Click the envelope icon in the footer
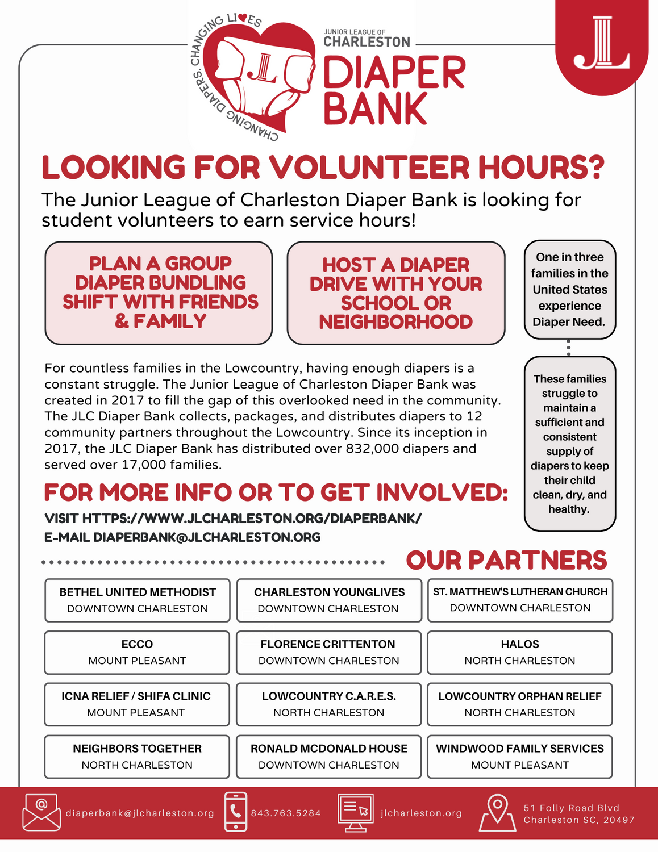point(41,812)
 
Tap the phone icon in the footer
point(236,812)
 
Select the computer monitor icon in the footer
point(356,812)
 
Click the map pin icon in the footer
point(497,812)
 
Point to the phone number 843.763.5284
point(286,813)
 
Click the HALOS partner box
point(520,652)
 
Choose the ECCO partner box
point(137,652)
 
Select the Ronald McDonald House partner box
point(328,757)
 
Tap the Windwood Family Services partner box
point(520,757)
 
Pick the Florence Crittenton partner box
point(328,652)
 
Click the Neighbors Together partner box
point(137,757)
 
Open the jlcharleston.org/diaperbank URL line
point(233,519)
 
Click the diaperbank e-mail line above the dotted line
point(182,537)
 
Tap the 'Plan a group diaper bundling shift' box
point(159,293)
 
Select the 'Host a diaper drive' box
point(396,293)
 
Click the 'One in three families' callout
point(570,290)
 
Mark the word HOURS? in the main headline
point(541,168)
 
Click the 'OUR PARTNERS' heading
point(506,561)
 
